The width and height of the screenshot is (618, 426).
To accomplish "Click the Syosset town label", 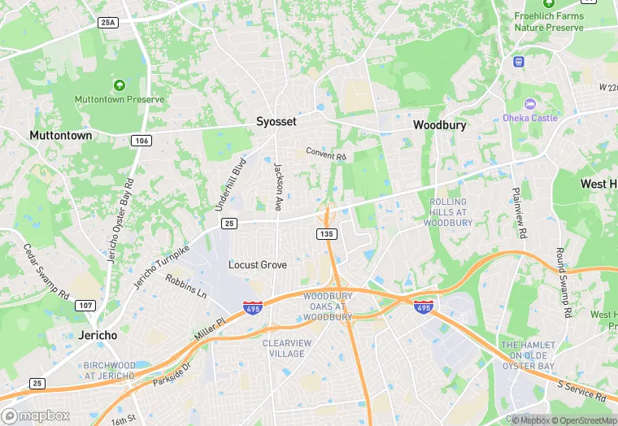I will point(276,121).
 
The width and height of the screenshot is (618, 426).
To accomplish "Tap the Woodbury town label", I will point(440,125).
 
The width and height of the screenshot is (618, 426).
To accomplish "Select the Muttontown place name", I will point(60,135).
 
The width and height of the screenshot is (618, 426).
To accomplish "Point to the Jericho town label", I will point(98,335).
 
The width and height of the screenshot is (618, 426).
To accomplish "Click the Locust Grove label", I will point(257,265).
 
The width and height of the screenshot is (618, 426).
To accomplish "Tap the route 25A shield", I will point(107,23).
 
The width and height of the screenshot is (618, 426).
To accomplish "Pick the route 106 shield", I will point(141,141).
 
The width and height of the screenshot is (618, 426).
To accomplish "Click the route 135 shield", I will point(326,234).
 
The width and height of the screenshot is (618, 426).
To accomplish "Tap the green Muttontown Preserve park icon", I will point(120,85).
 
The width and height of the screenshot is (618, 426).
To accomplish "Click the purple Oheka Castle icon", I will point(530,104).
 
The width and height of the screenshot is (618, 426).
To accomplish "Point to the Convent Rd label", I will point(326,153).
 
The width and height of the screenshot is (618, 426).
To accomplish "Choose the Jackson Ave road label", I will point(278,188).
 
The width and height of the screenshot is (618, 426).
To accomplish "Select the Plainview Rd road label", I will point(520,212).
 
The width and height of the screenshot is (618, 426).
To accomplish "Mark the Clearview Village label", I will point(286,348).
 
